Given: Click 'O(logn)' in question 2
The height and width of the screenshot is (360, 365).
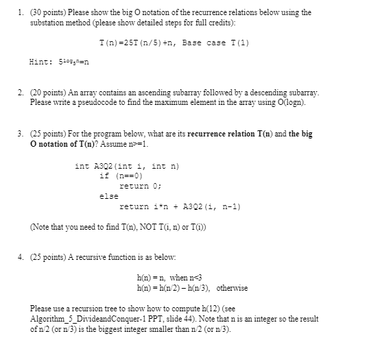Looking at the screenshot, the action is pos(292,101).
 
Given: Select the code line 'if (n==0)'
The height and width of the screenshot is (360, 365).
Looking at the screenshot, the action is pos(118,176).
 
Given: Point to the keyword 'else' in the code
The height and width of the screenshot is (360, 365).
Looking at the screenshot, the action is pos(108,195).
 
